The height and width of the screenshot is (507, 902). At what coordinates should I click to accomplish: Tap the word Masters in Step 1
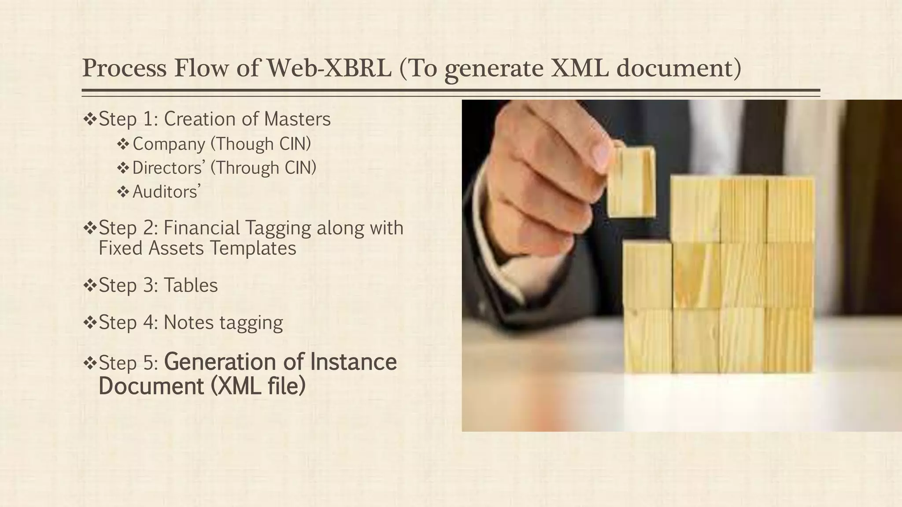297,119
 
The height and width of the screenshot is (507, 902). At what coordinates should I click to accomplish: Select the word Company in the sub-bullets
169,144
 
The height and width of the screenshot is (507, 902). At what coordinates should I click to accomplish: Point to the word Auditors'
166,191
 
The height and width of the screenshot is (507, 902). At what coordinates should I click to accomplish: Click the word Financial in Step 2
202,228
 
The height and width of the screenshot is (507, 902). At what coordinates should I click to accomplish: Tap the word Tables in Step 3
191,285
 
